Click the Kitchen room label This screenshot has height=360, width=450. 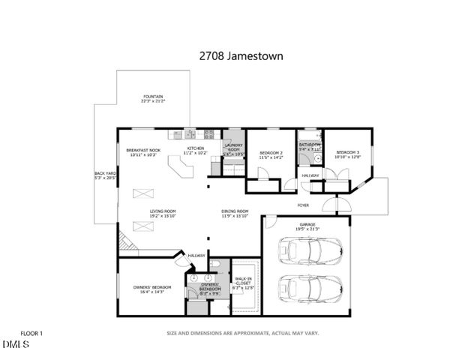point(196,150)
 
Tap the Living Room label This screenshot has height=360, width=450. point(162,213)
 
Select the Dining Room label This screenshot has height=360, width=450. point(235,213)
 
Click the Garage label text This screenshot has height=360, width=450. point(307,226)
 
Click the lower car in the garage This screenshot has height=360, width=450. point(310,288)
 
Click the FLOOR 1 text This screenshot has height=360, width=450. point(31,332)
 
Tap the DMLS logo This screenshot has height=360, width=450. point(16,344)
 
